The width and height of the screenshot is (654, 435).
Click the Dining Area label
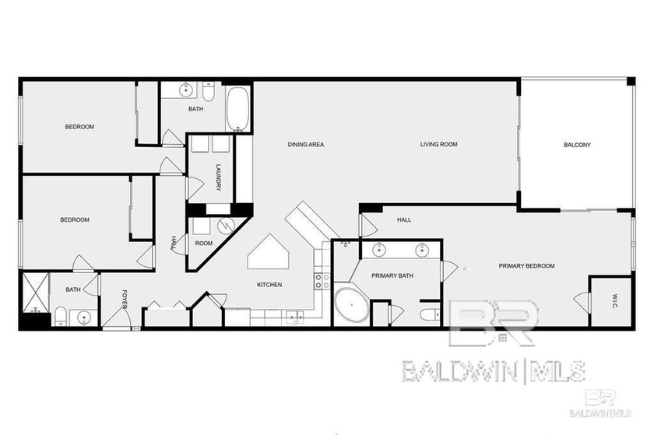point(305,145)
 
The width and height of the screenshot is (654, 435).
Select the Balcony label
point(577,145)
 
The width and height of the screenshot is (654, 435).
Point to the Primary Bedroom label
point(526,266)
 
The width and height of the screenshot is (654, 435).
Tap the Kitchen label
point(269,285)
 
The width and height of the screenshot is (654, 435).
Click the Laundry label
point(219,177)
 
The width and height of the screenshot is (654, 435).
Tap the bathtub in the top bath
point(238,110)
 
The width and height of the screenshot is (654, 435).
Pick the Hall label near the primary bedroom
point(404,220)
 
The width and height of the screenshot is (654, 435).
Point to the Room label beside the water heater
point(204,244)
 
